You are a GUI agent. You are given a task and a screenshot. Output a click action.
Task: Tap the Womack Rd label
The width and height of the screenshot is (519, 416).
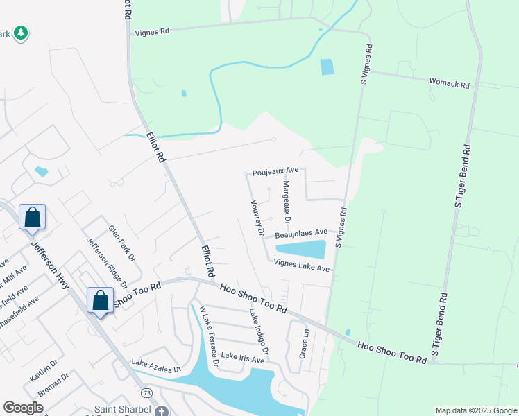point(450,83)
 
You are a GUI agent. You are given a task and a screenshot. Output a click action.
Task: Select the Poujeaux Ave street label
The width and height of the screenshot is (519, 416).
point(275,170)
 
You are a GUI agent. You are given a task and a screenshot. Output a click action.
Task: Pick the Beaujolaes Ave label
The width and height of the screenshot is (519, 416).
point(301,234)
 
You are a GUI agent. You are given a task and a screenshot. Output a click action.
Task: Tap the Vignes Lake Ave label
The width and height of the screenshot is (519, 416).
point(301,263)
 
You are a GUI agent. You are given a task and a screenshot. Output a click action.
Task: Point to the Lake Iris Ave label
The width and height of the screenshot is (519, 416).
point(243,358)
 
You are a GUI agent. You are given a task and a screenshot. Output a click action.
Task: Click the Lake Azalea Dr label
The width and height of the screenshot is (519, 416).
point(156,365)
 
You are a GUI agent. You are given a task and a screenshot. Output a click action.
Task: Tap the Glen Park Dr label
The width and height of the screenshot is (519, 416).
point(119,241)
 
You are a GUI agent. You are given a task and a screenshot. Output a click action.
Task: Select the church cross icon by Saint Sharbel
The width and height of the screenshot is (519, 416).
point(161,410)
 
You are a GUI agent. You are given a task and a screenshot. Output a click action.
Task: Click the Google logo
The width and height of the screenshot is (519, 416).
point(24,408)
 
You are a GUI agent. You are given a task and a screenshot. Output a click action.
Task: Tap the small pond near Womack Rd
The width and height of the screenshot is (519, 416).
point(327,67)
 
